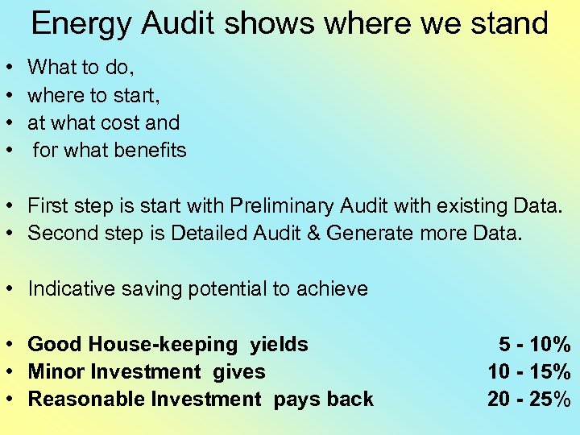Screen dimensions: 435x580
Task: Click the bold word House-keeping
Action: (x=157, y=345)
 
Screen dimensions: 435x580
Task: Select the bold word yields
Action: (x=279, y=345)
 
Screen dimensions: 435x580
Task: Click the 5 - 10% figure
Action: (x=535, y=345)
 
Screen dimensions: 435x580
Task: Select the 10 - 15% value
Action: (x=529, y=372)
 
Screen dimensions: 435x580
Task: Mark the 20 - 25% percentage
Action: (x=529, y=400)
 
